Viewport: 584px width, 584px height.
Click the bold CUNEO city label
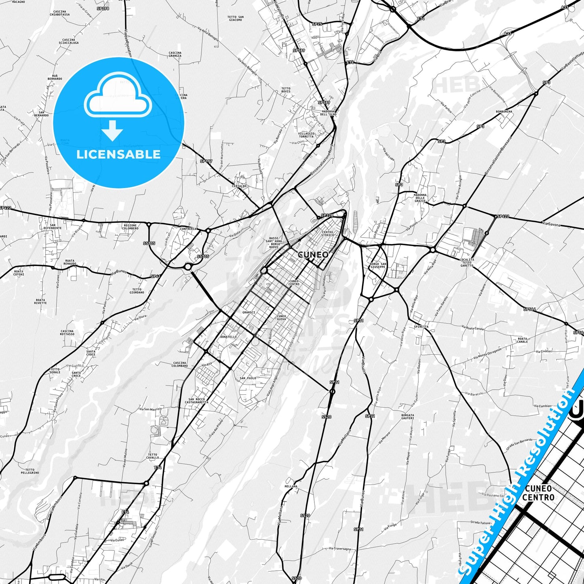tap(313, 255)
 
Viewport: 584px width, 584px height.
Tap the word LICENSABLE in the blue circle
tap(118, 154)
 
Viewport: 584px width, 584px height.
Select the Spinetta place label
tap(421, 327)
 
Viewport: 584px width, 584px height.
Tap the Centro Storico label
tap(328, 234)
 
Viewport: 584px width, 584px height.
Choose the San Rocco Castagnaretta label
tap(197, 401)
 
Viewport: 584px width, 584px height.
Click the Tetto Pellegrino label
tap(30, 471)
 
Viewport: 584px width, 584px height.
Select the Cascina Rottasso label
tap(67, 333)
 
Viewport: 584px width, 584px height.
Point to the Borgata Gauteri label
tap(407, 416)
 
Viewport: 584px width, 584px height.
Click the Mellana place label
tap(291, 486)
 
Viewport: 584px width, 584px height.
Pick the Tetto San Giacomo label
tap(235, 18)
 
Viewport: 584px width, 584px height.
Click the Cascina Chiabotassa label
tap(60, 13)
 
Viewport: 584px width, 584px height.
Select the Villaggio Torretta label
tap(306, 135)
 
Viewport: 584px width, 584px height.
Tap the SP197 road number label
tap(206, 161)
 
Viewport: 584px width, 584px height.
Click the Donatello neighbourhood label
tap(228, 337)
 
